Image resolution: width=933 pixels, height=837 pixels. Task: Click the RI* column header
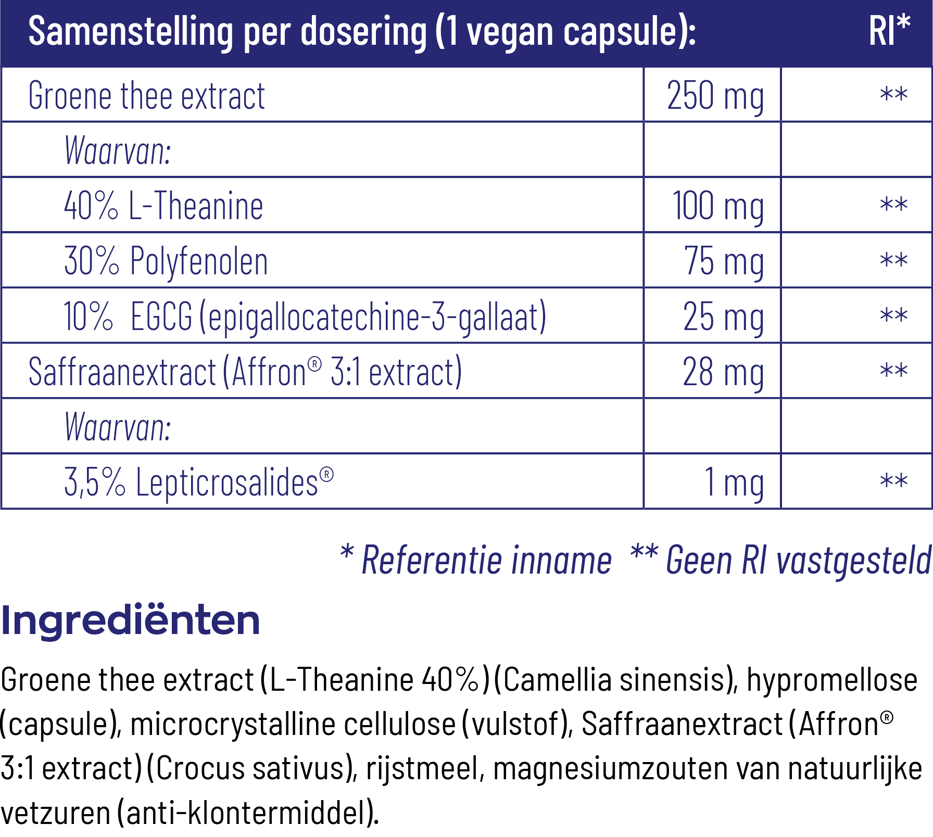[x=889, y=31]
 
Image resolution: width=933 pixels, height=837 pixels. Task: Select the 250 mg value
[x=715, y=96]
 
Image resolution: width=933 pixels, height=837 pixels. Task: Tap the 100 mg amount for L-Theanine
[x=718, y=206]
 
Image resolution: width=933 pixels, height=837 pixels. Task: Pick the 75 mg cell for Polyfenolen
[x=724, y=261]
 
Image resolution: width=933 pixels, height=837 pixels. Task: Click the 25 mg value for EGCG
[x=723, y=316]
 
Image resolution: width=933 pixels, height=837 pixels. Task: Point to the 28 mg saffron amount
[x=723, y=372]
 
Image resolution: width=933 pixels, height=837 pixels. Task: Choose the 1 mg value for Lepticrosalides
[x=734, y=482]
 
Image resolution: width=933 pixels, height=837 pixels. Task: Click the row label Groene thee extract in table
[x=146, y=96]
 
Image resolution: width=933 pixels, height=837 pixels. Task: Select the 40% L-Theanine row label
[x=163, y=206]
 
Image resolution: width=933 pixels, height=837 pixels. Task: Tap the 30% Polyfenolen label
[x=166, y=261]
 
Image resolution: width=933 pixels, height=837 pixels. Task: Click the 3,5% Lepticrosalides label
[x=198, y=482]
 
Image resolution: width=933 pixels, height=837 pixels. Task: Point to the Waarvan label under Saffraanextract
[x=118, y=427]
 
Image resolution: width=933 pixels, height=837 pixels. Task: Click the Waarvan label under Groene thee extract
[x=118, y=151]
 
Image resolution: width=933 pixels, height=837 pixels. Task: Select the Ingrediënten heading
[x=130, y=620]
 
